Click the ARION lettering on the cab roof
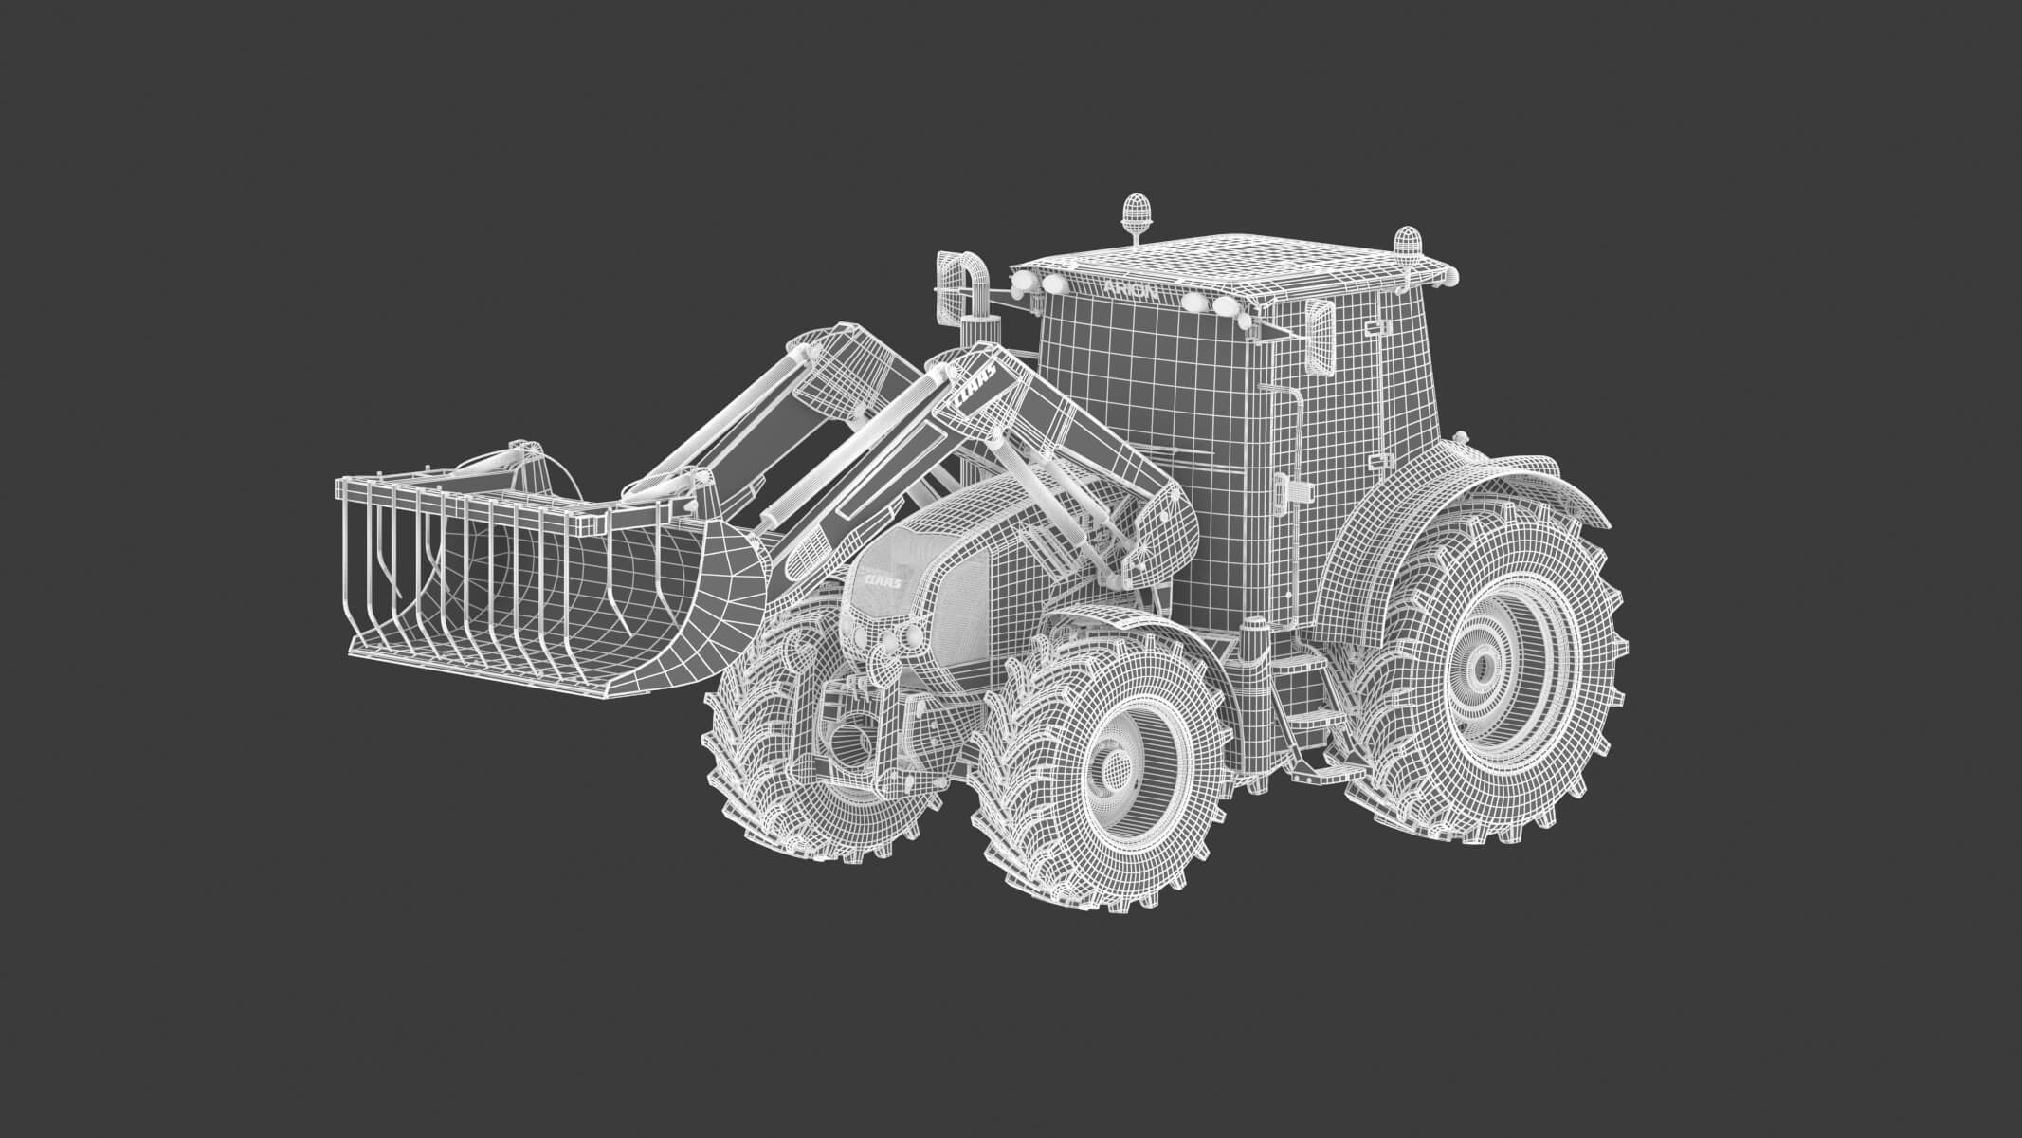[1131, 289]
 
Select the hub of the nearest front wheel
[1114, 768]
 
